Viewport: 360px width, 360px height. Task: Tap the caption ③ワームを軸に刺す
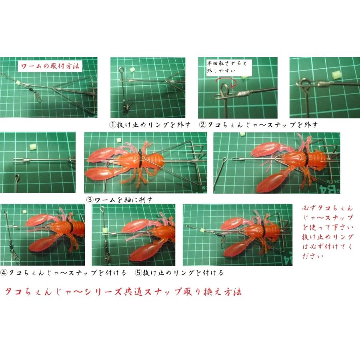[x=120, y=199]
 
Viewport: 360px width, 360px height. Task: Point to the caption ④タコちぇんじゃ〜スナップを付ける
[x=64, y=273]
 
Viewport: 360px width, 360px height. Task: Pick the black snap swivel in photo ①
[x=127, y=106]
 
